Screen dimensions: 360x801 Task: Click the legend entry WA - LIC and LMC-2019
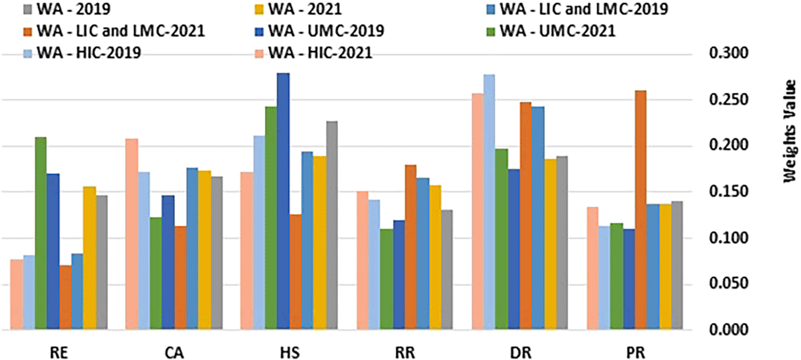(x=581, y=9)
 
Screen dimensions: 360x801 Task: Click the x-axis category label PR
(x=637, y=353)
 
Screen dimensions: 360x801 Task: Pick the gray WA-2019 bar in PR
(x=677, y=266)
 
